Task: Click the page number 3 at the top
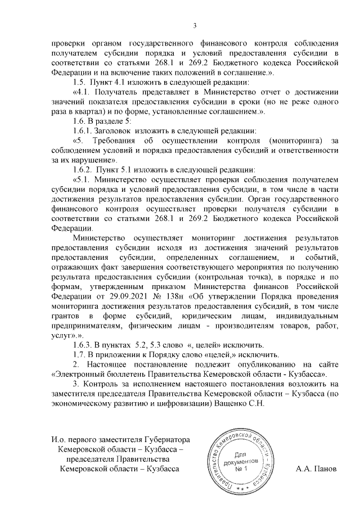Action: pyautogui.click(x=195, y=25)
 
